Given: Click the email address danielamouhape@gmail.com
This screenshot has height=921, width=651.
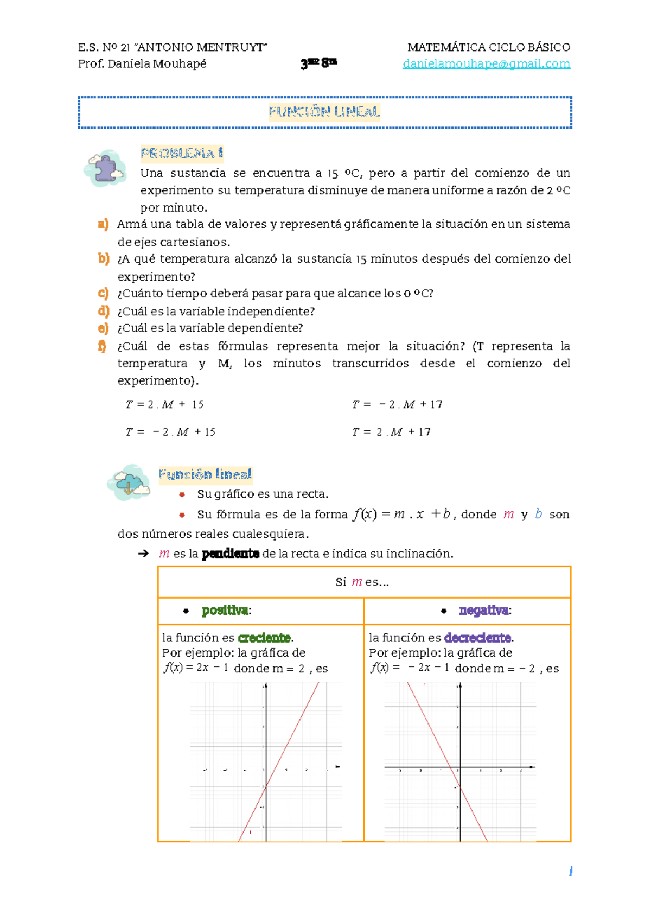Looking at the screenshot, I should (x=486, y=64).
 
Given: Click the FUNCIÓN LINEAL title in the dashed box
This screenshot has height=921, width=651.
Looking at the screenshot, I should (x=324, y=112).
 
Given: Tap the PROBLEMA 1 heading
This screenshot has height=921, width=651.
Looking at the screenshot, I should (x=182, y=154).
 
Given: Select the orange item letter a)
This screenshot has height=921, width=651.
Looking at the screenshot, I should (x=103, y=224).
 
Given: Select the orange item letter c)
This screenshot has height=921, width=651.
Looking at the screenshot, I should (x=103, y=294).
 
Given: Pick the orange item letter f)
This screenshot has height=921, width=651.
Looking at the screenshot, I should (x=102, y=346).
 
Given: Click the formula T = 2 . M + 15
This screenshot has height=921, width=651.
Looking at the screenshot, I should (x=164, y=404).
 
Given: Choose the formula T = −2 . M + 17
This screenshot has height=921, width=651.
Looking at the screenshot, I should (x=397, y=404).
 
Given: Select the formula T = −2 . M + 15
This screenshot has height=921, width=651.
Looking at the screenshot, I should (x=170, y=432).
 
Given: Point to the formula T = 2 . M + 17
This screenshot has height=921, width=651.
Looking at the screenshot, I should (x=391, y=432).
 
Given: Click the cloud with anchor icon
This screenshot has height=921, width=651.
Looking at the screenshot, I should (x=129, y=482).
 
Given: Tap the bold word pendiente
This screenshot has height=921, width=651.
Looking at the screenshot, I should (x=230, y=554).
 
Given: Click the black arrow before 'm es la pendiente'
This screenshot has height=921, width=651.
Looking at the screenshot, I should (x=143, y=554).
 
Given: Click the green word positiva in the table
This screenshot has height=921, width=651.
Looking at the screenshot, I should (x=225, y=611).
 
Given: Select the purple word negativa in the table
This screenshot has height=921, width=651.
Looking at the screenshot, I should (x=483, y=611).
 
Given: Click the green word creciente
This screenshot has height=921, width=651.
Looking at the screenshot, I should (x=264, y=638).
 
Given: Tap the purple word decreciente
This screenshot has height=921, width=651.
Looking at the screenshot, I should (x=477, y=638).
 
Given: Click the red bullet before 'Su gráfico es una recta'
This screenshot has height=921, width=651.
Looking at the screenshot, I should (x=182, y=494).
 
